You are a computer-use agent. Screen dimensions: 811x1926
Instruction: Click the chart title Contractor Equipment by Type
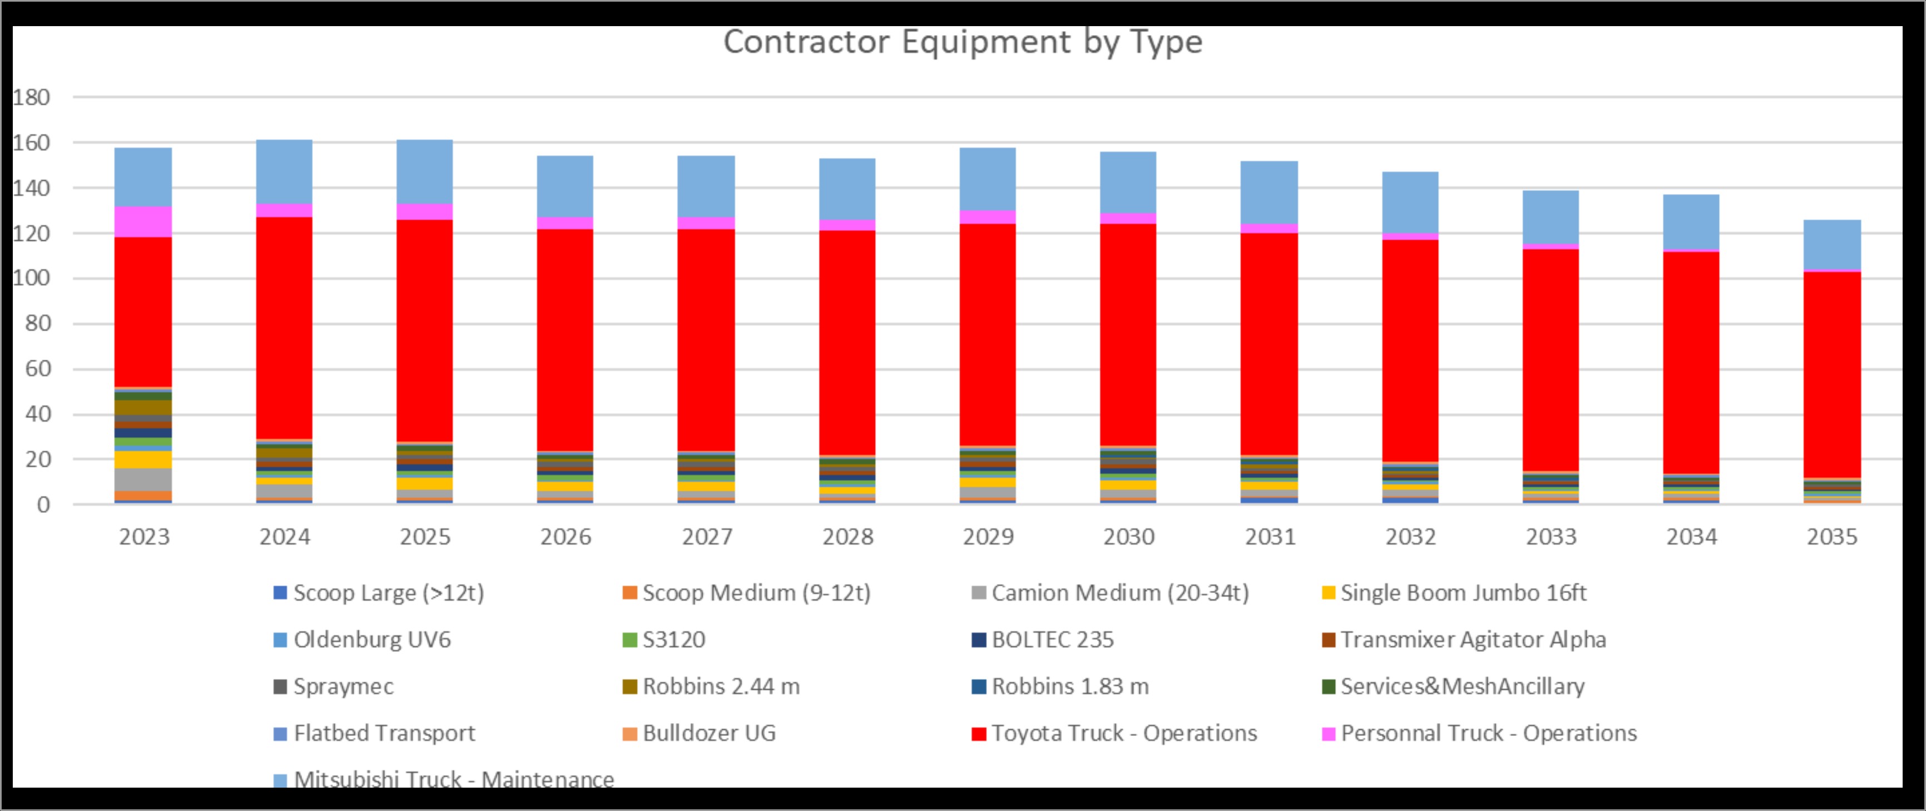(962, 42)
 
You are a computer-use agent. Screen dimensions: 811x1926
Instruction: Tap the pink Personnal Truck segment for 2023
(143, 221)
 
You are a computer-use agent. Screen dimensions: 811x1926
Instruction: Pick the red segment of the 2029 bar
(987, 334)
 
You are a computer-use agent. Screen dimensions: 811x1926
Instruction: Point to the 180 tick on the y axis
(31, 97)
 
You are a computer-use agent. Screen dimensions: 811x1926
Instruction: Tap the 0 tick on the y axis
(43, 505)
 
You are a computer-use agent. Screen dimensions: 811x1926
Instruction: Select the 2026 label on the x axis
(566, 537)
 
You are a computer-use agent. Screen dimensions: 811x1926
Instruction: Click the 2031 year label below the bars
(1270, 537)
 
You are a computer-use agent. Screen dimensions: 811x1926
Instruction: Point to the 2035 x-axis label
(1832, 537)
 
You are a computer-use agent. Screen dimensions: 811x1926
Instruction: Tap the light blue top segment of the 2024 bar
(284, 171)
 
